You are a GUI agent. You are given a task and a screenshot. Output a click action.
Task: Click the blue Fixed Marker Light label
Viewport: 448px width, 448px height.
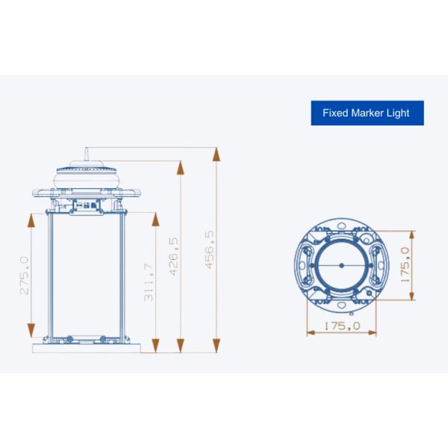click(x=367, y=113)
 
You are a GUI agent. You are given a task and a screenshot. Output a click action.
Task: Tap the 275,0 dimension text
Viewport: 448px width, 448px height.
click(x=25, y=276)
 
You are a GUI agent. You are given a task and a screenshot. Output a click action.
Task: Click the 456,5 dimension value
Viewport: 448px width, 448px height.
click(x=209, y=249)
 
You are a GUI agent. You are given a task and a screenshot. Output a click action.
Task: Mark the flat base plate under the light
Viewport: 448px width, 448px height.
click(x=85, y=348)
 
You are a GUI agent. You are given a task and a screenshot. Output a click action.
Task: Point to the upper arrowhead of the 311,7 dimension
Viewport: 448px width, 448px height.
click(x=155, y=219)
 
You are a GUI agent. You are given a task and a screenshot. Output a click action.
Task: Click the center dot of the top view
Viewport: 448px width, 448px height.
click(x=340, y=265)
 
